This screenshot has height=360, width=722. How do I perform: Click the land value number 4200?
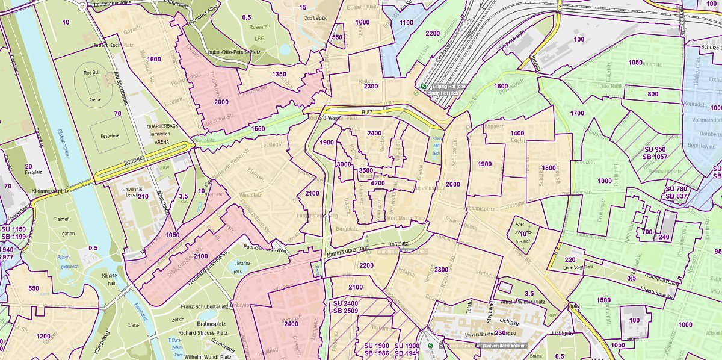pyautogui.click(x=378, y=183)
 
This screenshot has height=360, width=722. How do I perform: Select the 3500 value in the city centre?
pyautogui.click(x=365, y=171)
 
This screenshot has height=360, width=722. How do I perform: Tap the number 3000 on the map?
pyautogui.click(x=344, y=164)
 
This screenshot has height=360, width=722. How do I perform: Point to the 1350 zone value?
pyautogui.click(x=279, y=74)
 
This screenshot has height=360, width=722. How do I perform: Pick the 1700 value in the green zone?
pyautogui.click(x=576, y=113)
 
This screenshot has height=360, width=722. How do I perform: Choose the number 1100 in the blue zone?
pyautogui.click(x=407, y=22)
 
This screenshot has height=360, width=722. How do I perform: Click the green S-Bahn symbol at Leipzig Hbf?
pyautogui.click(x=424, y=85)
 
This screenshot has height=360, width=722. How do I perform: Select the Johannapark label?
pyautogui.click(x=243, y=266)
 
